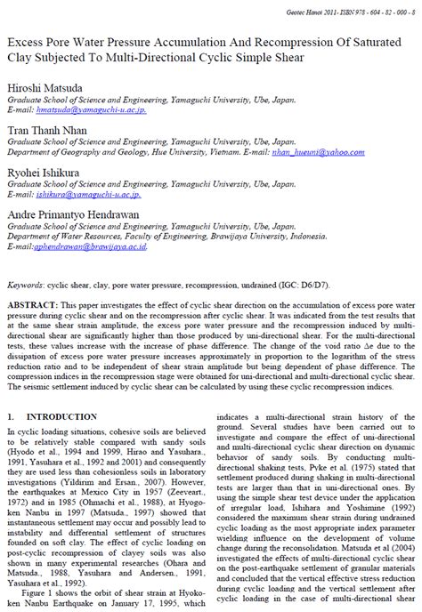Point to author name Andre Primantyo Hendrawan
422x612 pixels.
click(x=73, y=213)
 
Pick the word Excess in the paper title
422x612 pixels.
click(x=28, y=43)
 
